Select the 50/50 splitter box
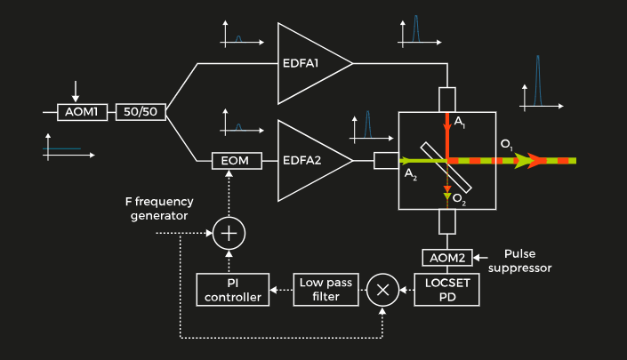tap(141, 113)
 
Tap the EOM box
tap(237, 161)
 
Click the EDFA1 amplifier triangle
tap(307, 64)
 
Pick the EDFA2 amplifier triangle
tap(307, 161)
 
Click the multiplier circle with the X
tap(383, 290)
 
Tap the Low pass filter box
tap(325, 289)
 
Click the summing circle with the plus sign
tap(229, 233)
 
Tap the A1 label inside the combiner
tap(460, 121)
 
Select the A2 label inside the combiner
tap(411, 173)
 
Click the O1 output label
tap(506, 144)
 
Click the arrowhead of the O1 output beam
tap(537, 161)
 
